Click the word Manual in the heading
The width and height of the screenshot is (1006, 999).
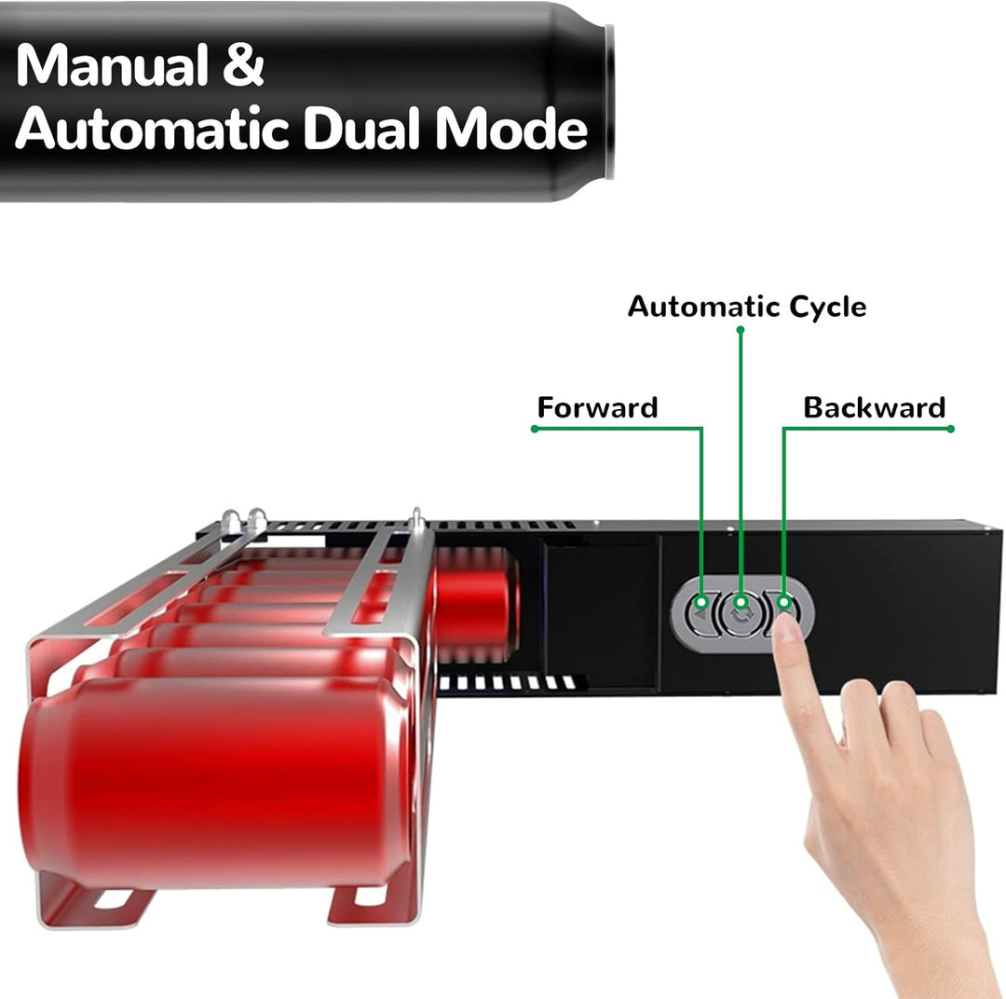coord(112,65)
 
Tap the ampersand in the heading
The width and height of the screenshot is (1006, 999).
coord(243,65)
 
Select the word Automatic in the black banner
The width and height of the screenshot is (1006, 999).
coord(152,129)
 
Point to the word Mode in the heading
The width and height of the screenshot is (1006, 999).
coord(511,129)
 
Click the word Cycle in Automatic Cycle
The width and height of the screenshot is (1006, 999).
coord(827,308)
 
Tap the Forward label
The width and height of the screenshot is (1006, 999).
coord(597,407)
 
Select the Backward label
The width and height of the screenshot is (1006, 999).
coord(875,407)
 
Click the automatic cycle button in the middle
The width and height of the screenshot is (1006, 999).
coord(741,614)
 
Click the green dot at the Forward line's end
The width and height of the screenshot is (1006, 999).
coord(535,429)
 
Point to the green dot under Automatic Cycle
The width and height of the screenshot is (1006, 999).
coord(741,329)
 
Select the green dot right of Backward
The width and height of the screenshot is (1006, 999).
coord(951,429)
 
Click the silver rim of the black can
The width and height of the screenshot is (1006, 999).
coord(609,102)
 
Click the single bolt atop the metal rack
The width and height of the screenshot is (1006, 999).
coord(417,518)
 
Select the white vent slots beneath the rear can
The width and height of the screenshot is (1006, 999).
coord(507,683)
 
